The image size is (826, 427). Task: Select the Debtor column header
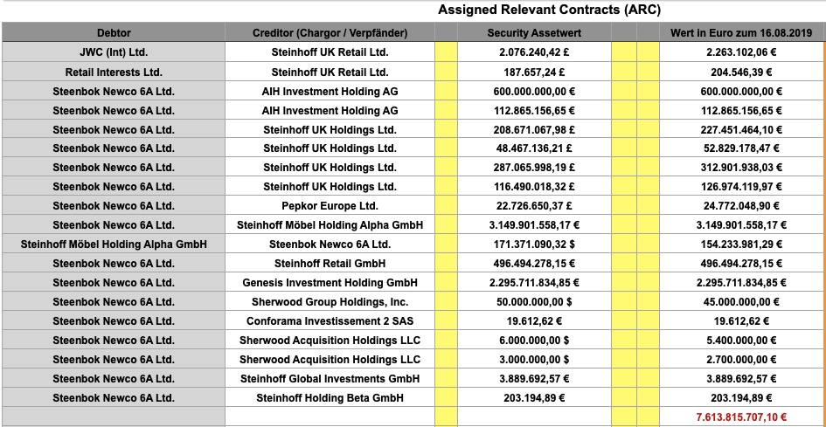114,33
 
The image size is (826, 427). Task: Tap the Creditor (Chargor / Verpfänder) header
330,33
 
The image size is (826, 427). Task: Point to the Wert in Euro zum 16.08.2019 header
741,33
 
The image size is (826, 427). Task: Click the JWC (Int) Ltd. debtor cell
114,52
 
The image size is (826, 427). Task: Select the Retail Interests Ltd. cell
114,72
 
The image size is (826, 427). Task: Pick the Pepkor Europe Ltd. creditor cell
330,206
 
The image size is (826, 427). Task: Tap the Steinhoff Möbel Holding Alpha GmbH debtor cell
114,244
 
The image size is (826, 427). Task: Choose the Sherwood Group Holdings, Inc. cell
330,302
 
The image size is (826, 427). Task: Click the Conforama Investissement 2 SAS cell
330,321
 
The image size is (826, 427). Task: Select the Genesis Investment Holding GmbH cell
330,283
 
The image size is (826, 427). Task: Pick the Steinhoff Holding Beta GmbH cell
330,398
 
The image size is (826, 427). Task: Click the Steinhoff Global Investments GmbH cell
330,379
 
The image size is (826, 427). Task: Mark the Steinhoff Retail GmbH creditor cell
330,264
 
